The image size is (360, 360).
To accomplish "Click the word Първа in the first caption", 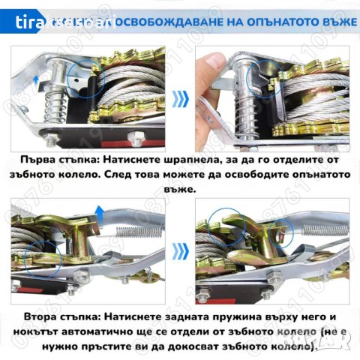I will click(41, 160).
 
